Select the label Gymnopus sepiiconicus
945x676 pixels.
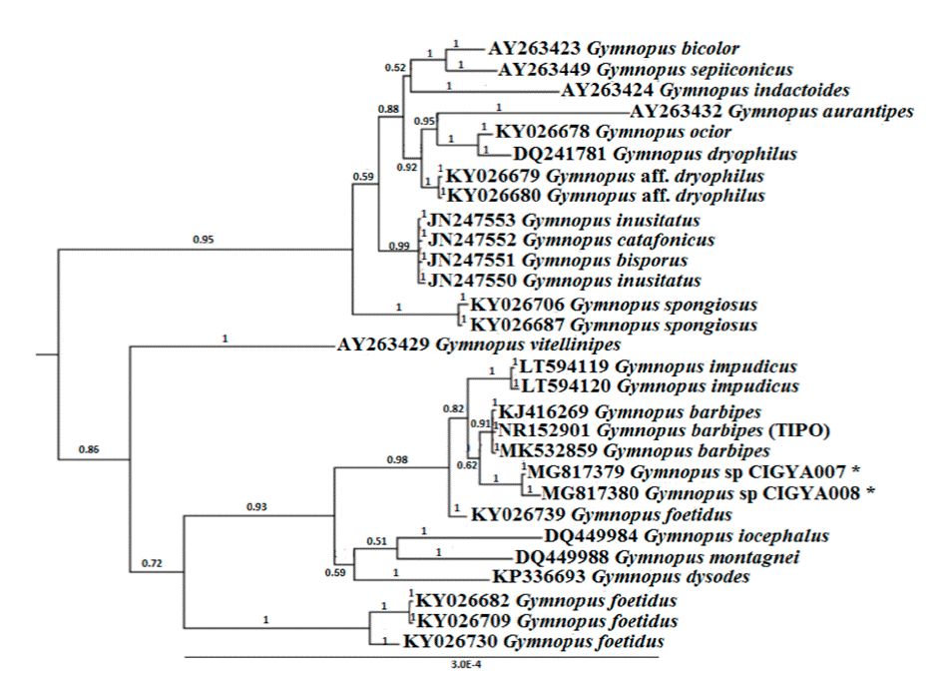click(695, 70)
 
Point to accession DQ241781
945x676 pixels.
click(559, 154)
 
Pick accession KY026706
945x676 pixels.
click(517, 305)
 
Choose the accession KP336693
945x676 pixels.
click(538, 577)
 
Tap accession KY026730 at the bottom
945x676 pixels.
click(449, 642)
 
